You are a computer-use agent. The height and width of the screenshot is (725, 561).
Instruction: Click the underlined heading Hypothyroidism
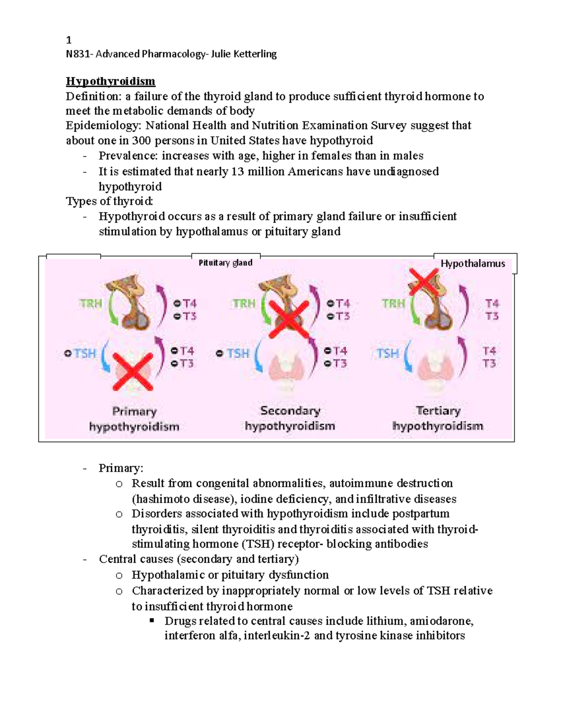point(110,81)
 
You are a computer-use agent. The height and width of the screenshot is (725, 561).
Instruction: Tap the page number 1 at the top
point(69,40)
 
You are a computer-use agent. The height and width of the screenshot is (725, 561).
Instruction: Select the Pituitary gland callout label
point(225,263)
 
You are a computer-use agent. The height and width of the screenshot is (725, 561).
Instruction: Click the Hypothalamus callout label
point(473,264)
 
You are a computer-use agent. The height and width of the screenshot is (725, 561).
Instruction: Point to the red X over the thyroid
point(133,371)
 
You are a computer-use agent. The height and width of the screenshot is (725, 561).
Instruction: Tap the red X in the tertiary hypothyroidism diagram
point(423,282)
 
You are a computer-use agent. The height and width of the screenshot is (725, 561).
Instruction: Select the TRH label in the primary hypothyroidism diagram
point(91,303)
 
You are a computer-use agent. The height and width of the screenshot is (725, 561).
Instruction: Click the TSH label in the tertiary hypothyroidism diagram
point(388,353)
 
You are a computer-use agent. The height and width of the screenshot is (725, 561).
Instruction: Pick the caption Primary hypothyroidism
point(134,419)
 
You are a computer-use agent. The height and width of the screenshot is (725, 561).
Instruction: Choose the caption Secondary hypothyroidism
point(290,418)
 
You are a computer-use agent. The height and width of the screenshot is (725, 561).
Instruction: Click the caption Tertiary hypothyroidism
point(438,418)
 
